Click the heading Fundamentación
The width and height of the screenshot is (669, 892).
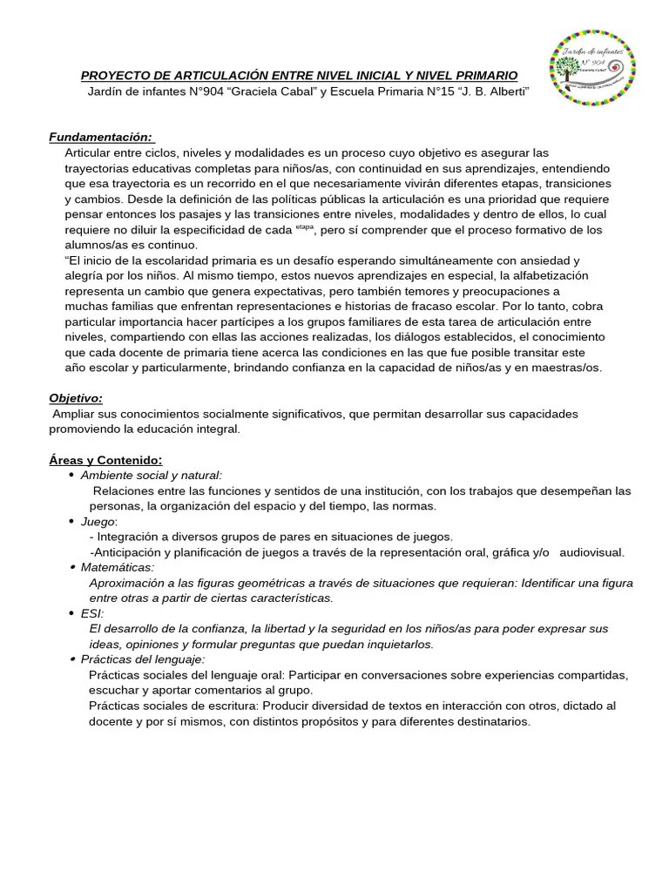[x=101, y=137]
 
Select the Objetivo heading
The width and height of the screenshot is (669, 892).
[x=76, y=398]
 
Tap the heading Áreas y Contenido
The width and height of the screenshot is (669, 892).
[x=105, y=460]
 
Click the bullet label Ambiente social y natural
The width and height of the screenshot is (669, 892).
[x=151, y=475]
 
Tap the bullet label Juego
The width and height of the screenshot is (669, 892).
[x=98, y=521]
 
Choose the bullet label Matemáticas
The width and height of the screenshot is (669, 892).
[x=117, y=567]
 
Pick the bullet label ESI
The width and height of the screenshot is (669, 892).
[x=91, y=613]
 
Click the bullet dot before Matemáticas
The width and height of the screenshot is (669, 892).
[x=71, y=567]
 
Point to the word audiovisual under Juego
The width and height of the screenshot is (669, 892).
[x=591, y=552]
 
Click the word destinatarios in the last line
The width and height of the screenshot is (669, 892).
[x=490, y=721]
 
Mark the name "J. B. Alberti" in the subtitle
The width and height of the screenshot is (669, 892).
[x=495, y=92]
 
